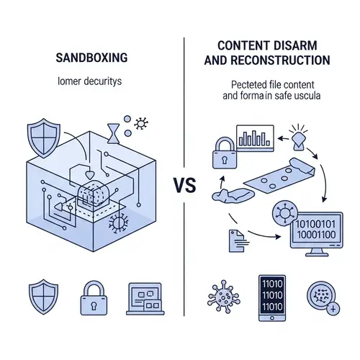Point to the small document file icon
[235, 240]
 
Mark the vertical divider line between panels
[184, 108]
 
